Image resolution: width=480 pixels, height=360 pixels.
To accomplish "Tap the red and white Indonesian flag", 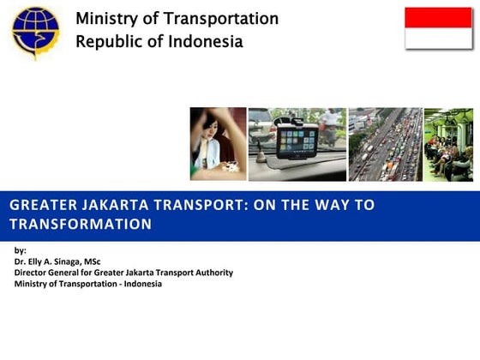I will tap(438, 28).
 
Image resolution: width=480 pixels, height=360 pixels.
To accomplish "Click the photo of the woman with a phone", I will tap(218, 143).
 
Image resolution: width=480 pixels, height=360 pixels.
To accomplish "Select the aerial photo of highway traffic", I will tap(385, 143).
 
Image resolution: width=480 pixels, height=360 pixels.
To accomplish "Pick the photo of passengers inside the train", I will tap(448, 143).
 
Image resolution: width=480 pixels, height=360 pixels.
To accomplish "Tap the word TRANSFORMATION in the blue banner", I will tap(81, 225).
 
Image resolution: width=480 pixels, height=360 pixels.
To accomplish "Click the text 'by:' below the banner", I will tap(21, 250).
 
